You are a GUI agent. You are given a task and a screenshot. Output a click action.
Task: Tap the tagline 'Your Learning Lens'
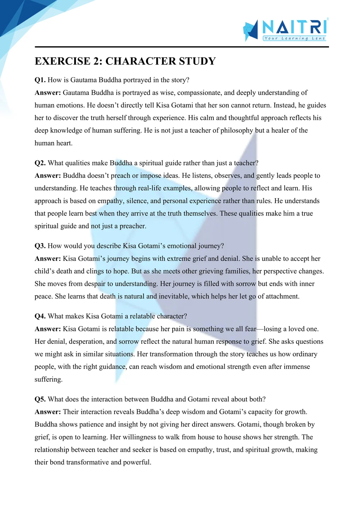pyautogui.click(x=294, y=38)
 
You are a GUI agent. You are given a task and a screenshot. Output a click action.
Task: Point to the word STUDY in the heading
pyautogui.click(x=197, y=61)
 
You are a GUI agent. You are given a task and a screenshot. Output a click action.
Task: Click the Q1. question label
pyautogui.click(x=40, y=80)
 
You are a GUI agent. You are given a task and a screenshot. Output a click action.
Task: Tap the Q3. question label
pyautogui.click(x=40, y=246)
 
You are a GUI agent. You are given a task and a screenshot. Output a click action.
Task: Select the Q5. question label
pyautogui.click(x=40, y=399)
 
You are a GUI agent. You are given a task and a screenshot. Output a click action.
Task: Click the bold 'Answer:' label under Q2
pyautogui.click(x=48, y=176)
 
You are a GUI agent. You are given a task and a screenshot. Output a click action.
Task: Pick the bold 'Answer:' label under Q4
pyautogui.click(x=48, y=329)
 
